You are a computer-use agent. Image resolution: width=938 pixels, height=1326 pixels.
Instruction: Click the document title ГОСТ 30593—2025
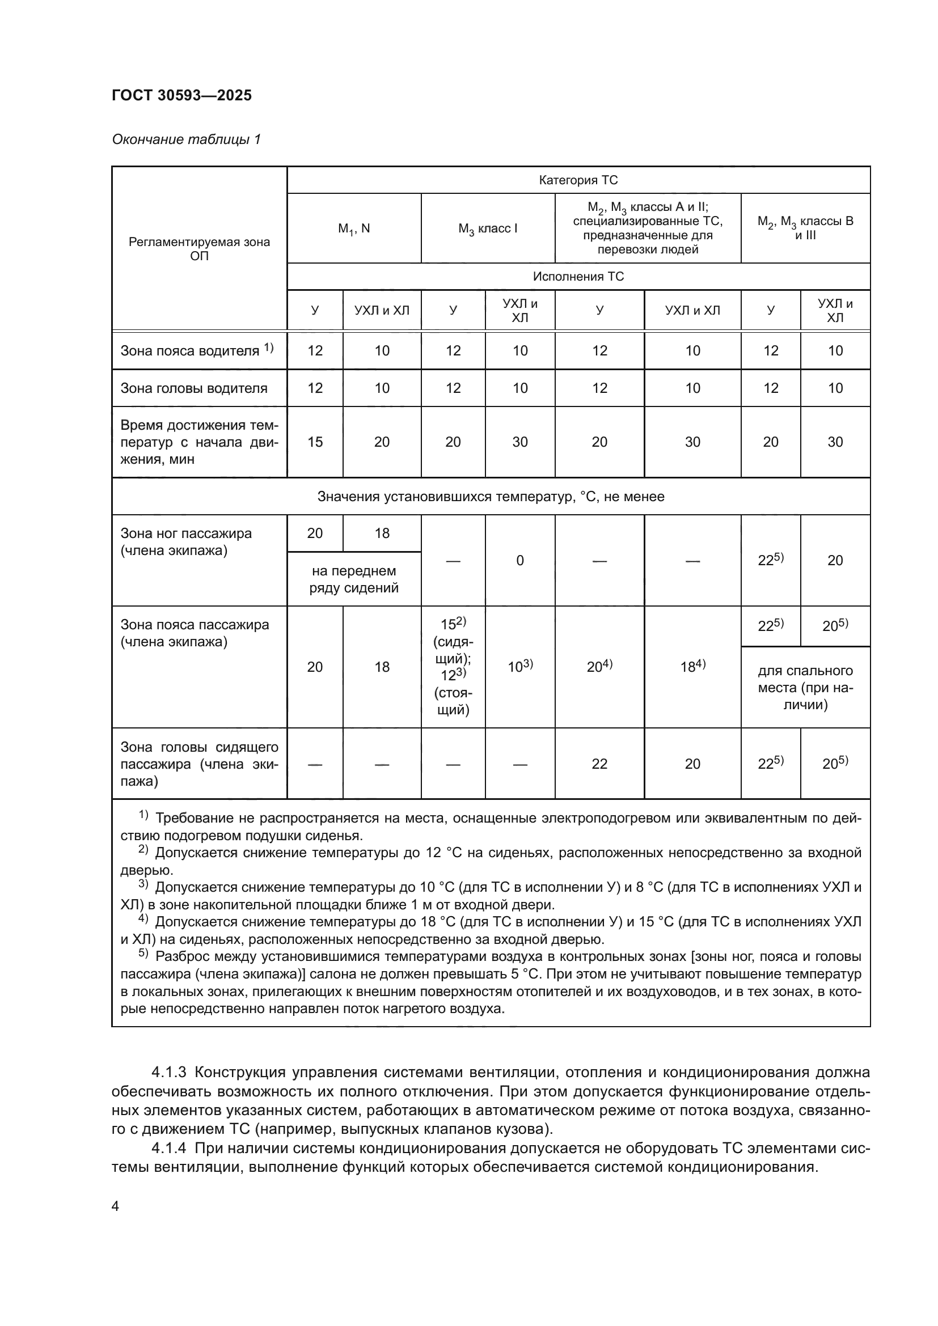point(182,96)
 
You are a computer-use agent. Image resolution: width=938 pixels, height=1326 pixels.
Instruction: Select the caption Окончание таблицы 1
point(186,139)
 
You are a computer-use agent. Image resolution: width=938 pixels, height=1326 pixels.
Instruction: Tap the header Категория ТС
point(578,180)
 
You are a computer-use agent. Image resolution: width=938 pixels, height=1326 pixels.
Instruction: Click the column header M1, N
point(354,228)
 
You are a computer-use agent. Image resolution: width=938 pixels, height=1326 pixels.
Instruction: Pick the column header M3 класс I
point(488,228)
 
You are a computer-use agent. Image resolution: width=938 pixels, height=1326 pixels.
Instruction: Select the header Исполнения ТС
point(578,277)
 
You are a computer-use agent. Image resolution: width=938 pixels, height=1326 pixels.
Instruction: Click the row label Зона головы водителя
point(194,388)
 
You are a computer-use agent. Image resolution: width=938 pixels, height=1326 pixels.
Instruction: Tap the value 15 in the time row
point(315,442)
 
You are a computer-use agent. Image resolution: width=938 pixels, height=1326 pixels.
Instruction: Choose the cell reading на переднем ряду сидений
point(354,579)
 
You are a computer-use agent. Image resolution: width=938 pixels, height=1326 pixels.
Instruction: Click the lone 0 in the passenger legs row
point(520,560)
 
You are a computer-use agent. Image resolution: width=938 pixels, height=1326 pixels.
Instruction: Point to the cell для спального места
point(805,687)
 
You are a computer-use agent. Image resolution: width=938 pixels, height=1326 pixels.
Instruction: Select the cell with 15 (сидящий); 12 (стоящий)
point(454,667)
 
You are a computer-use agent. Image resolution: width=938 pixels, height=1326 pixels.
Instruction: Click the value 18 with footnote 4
point(692,667)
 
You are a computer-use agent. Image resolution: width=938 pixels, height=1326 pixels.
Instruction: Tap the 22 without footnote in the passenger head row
point(599,764)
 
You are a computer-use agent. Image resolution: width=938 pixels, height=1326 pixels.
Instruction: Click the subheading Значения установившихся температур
point(491,497)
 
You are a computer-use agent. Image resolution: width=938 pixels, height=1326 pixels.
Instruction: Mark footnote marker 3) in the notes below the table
point(143,885)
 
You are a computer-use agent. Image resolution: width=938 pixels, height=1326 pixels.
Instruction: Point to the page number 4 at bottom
point(115,1206)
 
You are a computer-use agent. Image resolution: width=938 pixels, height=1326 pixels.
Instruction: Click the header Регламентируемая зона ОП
point(199,248)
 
